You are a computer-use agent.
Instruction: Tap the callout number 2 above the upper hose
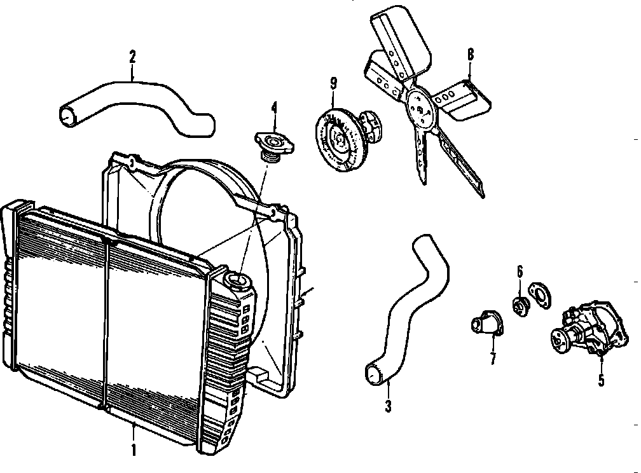click(x=132, y=57)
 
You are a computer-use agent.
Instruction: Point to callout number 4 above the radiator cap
click(x=274, y=107)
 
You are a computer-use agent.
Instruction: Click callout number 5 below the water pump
click(x=601, y=381)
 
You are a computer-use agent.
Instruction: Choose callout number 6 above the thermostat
click(x=520, y=272)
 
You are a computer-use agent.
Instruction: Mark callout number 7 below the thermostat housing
click(x=493, y=358)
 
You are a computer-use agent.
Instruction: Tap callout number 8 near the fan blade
click(x=470, y=54)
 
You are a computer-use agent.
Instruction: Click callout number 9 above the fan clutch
click(x=333, y=83)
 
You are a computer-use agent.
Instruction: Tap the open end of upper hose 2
click(x=68, y=115)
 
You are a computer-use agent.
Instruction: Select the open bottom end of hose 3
click(x=373, y=374)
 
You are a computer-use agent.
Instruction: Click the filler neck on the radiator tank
click(x=238, y=280)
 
